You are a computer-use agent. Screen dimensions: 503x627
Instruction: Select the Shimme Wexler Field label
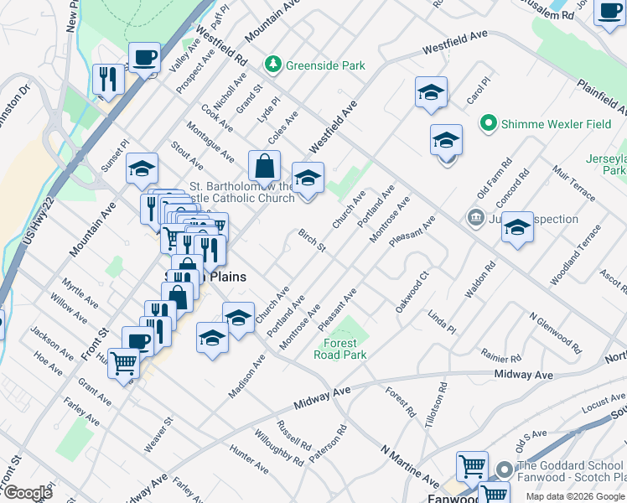coord(556,124)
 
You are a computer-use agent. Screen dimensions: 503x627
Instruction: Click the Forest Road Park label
coord(340,349)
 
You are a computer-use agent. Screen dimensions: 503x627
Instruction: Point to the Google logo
coord(27,492)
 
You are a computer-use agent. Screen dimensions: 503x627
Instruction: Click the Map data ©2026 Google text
coord(575,496)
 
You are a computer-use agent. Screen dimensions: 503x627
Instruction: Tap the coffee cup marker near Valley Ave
coord(144,58)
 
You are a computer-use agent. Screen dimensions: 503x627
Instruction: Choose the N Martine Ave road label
coord(409,466)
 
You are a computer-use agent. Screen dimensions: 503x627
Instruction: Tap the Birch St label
coord(312,240)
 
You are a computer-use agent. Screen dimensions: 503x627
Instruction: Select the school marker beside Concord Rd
coord(518,227)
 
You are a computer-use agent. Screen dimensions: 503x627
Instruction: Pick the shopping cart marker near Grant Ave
coord(123,364)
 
